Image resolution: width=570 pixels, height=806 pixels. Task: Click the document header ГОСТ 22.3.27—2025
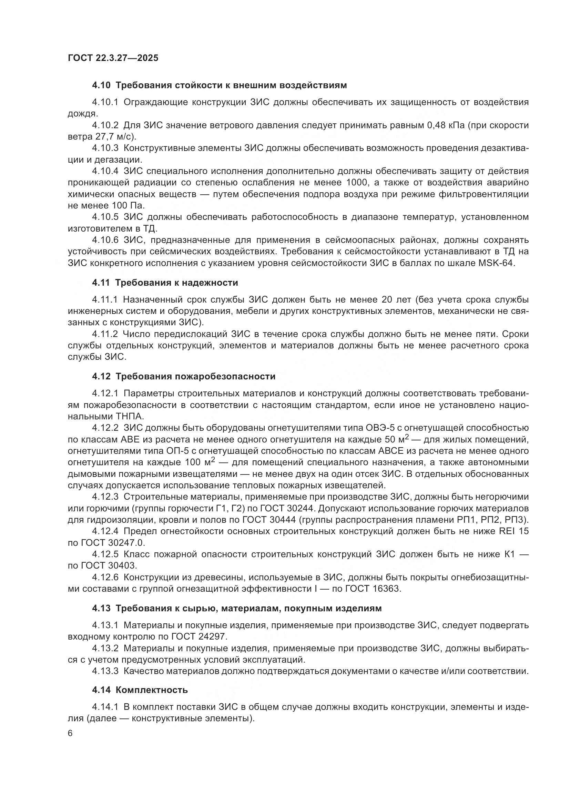click(x=113, y=58)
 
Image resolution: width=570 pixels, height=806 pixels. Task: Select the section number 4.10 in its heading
click(x=101, y=85)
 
